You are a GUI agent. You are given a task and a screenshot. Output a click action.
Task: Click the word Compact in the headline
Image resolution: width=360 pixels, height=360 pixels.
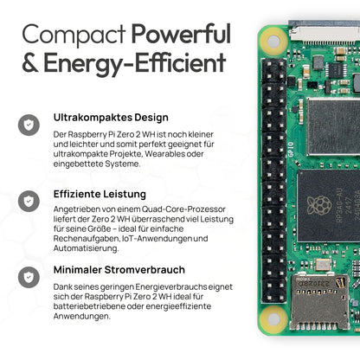tap(74, 35)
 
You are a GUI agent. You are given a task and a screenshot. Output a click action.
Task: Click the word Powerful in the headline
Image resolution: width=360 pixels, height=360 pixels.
tap(182, 34)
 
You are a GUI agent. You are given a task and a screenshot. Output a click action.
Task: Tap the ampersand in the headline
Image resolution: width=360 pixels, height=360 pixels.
tap(30, 62)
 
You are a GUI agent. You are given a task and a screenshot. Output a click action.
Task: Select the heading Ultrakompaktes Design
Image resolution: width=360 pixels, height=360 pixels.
tap(111, 118)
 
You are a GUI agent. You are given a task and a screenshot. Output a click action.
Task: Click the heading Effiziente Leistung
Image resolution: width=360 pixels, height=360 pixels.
tap(100, 194)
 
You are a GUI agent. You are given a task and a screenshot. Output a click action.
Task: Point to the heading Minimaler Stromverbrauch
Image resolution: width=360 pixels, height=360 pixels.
tap(119, 270)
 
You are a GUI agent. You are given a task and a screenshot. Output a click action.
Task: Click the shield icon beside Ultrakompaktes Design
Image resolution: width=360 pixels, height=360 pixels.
tap(29, 125)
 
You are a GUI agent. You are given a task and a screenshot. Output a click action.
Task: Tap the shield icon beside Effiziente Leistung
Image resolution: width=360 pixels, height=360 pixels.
tap(29, 201)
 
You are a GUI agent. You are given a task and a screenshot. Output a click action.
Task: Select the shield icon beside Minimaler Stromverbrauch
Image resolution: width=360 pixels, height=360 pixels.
tap(29, 277)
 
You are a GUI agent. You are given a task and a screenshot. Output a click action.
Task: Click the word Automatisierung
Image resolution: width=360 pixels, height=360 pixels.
tap(86, 248)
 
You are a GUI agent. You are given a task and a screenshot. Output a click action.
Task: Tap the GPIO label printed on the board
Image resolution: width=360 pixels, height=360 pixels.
tap(291, 150)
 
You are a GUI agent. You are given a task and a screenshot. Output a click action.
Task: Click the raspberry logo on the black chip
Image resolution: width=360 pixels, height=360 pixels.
tap(318, 205)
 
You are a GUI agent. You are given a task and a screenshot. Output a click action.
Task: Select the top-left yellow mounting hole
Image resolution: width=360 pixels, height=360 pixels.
tap(273, 42)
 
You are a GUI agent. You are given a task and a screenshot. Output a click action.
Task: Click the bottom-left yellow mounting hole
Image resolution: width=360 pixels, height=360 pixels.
tap(273, 319)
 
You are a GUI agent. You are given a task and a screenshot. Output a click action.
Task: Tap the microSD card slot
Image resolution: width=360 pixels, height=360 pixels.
tap(319, 302)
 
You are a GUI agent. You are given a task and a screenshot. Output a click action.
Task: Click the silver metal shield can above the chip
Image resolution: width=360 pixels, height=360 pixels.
tap(333, 126)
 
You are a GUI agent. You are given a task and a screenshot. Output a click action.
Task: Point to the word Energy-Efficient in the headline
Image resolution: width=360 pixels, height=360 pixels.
tap(134, 63)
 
